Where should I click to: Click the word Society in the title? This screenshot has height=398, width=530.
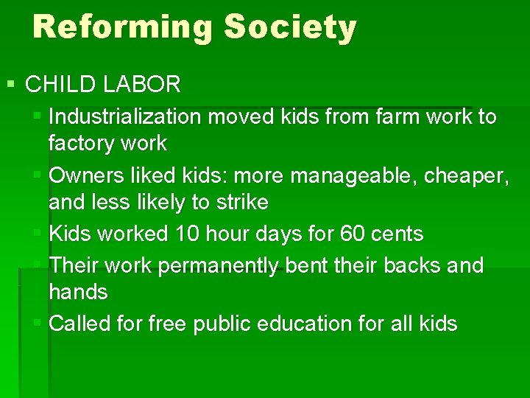[291, 27]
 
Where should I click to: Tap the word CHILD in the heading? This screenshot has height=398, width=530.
[60, 84]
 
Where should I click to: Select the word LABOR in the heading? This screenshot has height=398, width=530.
[141, 84]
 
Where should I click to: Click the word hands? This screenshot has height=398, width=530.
[78, 292]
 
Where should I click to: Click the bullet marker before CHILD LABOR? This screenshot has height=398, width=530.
[10, 84]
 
